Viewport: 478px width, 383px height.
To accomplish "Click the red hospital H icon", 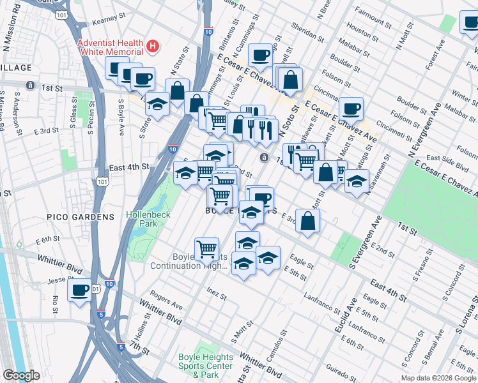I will point(152,46).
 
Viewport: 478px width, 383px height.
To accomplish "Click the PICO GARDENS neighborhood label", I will point(80,217).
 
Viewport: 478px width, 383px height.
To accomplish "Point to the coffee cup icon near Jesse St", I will point(79,291).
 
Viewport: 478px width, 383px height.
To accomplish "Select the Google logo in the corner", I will point(22,376).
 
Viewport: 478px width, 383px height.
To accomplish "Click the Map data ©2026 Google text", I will point(438,378).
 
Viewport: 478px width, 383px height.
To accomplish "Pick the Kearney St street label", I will point(107,21).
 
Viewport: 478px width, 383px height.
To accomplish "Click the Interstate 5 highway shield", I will point(121,347).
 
